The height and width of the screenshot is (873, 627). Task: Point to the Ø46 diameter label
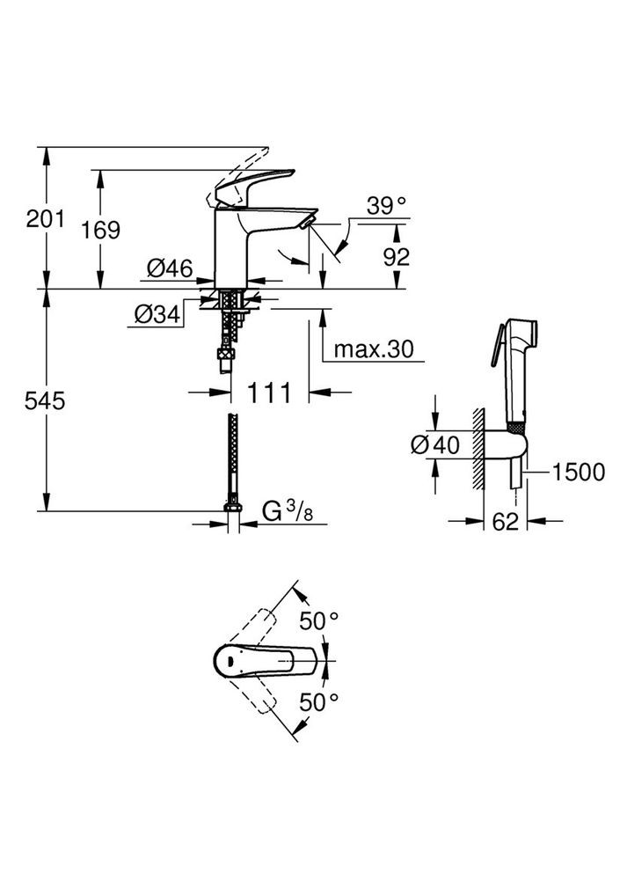170,268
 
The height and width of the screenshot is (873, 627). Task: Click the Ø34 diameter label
158,313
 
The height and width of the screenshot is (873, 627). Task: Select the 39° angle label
387,206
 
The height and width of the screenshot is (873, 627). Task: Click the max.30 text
375,349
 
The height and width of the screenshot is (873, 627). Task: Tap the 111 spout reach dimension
268,392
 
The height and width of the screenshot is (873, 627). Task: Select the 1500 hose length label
579,473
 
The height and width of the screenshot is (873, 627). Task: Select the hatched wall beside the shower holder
478,449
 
